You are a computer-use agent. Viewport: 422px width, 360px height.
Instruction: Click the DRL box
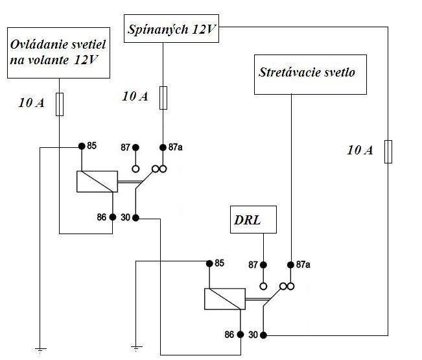pos(253,220)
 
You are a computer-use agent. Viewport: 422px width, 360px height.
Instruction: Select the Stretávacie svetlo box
pos(307,73)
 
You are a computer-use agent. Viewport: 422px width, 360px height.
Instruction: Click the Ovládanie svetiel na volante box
pos(58,53)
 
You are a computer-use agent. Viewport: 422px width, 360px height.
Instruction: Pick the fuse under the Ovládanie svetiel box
pos(59,104)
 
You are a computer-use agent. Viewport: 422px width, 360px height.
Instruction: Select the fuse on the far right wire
pos(388,151)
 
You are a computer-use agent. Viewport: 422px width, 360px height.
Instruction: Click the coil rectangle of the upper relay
pos(97,182)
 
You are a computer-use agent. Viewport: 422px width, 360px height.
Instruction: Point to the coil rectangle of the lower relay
pos(224,300)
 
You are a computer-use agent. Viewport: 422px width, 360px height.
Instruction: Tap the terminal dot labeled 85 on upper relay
pos(82,146)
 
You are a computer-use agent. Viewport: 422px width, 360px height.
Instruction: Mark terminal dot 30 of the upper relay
pos(135,218)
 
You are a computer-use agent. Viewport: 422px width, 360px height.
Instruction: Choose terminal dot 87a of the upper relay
pos(163,147)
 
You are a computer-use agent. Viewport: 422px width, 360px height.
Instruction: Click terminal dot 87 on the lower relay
pos(263,265)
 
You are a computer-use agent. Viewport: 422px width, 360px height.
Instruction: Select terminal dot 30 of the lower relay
pos(263,335)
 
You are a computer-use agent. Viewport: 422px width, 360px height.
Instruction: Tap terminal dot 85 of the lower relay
pos(209,263)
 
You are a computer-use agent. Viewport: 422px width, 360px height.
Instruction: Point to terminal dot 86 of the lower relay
pos(240,335)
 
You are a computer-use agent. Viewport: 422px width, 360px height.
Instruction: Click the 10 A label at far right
pos(360,150)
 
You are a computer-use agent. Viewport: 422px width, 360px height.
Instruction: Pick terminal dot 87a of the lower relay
pos(291,265)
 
